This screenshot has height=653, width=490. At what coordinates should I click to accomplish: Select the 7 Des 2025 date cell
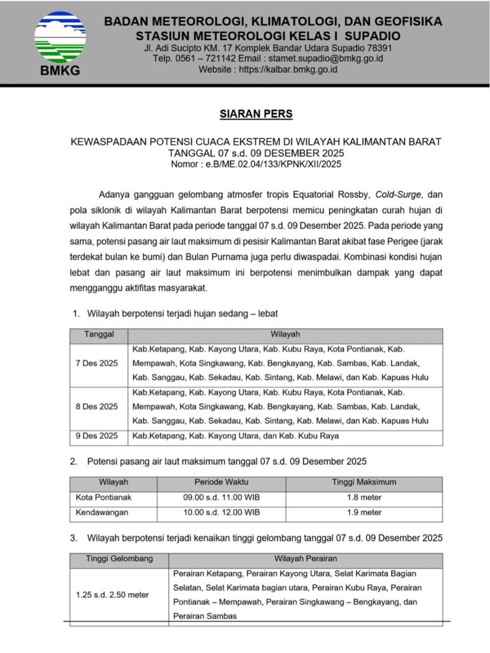96,363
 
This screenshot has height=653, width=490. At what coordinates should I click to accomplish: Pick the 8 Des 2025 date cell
96,407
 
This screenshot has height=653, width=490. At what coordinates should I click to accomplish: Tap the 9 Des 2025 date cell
96,436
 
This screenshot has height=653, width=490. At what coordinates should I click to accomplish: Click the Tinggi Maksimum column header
364,482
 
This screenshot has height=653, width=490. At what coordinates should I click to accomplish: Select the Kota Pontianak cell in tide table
103,497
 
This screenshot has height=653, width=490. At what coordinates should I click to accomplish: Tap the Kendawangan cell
102,512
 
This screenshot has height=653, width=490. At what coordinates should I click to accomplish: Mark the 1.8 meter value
364,497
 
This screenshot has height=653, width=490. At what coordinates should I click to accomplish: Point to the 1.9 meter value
364,512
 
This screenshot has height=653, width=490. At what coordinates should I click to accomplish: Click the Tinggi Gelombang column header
119,559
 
